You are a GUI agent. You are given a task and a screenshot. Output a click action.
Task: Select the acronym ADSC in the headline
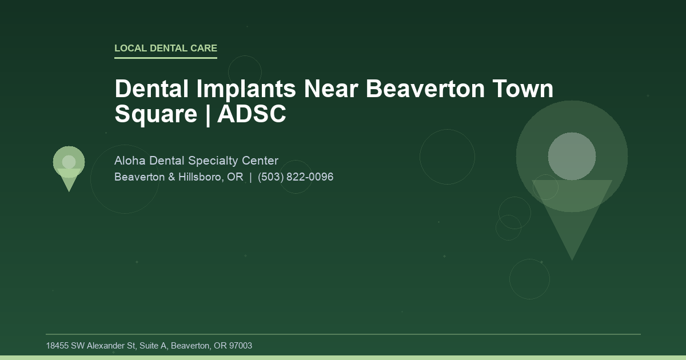point(252,114)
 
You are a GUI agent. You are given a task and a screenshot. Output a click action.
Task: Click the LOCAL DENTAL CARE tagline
point(166,49)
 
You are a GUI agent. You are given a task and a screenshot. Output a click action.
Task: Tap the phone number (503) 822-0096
point(296,177)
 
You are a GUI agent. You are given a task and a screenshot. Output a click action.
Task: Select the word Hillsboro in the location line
point(202,177)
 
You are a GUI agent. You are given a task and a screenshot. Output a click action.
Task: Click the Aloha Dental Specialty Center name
point(196,161)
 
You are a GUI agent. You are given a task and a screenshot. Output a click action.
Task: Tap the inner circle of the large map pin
point(572,156)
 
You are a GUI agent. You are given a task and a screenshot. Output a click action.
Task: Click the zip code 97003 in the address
point(240,346)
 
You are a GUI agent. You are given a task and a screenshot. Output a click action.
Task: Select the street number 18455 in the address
point(57,346)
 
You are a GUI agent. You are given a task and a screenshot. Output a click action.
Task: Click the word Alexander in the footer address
point(106,346)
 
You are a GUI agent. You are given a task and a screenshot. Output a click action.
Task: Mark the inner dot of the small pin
point(69,162)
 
